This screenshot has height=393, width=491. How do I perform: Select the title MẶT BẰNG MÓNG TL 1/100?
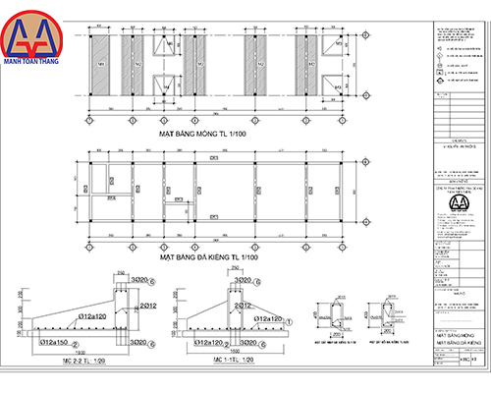coord(209,130)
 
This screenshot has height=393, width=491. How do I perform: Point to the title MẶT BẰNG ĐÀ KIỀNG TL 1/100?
coord(209,257)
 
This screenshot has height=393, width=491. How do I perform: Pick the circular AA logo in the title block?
coord(458,203)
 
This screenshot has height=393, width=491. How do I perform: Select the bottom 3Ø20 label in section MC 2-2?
coord(140,343)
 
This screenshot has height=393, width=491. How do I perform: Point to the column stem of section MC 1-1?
coord(236,305)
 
